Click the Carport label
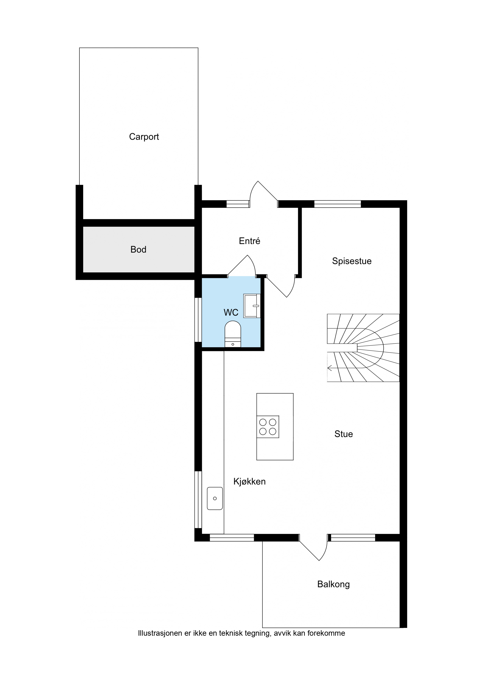click(144, 137)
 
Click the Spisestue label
click(352, 261)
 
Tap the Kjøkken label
click(249, 481)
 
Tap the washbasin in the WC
click(252, 306)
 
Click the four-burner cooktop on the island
click(268, 427)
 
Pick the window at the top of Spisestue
click(338, 204)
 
